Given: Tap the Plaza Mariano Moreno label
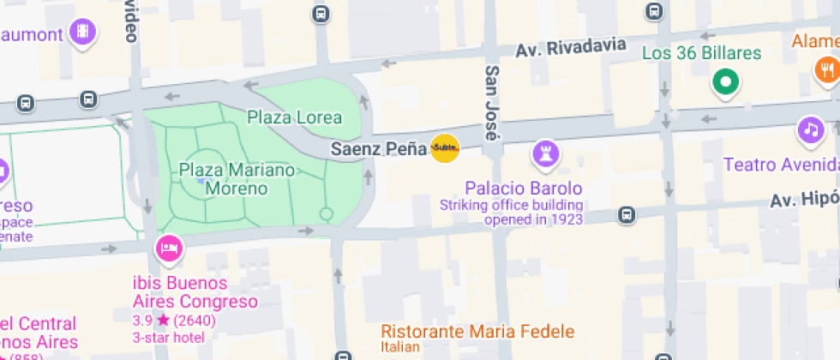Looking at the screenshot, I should (x=237, y=178).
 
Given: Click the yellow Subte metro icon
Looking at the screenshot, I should (x=445, y=149).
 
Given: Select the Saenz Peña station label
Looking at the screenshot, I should (x=379, y=149).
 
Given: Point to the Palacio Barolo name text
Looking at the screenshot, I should (x=523, y=188).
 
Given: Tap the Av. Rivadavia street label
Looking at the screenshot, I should (x=570, y=48).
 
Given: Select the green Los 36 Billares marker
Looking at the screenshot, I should (x=725, y=83).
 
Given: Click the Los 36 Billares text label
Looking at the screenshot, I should (x=701, y=54).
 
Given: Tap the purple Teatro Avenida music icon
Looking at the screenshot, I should (x=810, y=130).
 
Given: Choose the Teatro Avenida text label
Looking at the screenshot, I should (x=780, y=165).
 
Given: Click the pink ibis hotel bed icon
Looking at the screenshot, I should (x=169, y=249).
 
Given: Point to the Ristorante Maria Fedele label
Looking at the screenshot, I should (x=477, y=331).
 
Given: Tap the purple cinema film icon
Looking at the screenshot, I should (x=83, y=32).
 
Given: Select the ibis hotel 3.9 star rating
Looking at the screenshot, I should (x=174, y=321).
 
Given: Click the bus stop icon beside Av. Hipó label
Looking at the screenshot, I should (x=627, y=213).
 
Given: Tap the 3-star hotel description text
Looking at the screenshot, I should (x=169, y=337).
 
